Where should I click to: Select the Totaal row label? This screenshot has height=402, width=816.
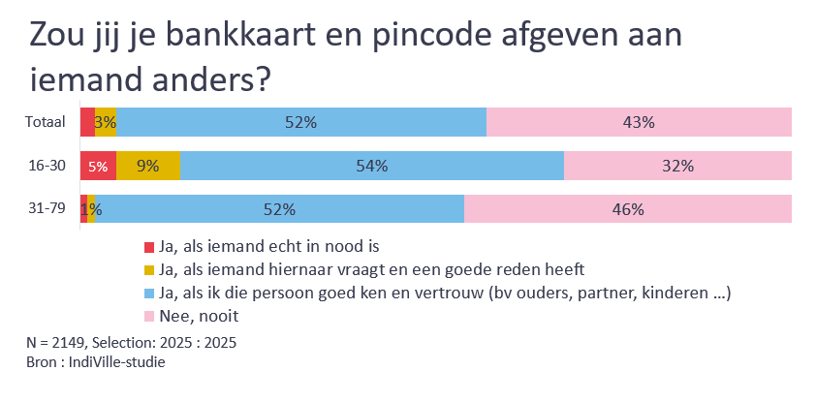(x=46, y=122)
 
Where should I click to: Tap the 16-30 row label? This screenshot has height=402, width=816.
(x=47, y=166)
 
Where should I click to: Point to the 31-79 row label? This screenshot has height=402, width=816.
(x=47, y=209)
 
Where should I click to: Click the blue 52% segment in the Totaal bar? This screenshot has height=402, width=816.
(x=301, y=122)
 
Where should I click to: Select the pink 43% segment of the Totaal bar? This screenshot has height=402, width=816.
(x=639, y=122)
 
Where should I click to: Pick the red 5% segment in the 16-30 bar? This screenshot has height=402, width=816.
(x=98, y=166)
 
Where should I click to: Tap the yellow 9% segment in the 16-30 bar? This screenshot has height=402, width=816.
(x=147, y=166)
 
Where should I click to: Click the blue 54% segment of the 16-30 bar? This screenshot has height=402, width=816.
(x=371, y=166)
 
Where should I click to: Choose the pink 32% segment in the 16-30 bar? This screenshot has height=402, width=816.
(x=677, y=166)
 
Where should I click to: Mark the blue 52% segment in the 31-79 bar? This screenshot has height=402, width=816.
(x=279, y=209)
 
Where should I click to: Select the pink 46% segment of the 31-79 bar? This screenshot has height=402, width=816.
(x=628, y=209)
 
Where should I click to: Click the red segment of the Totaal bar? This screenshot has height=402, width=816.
(x=87, y=122)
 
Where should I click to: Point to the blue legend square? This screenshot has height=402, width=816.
(x=148, y=293)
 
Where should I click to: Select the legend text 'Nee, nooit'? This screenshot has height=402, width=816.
(x=199, y=316)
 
